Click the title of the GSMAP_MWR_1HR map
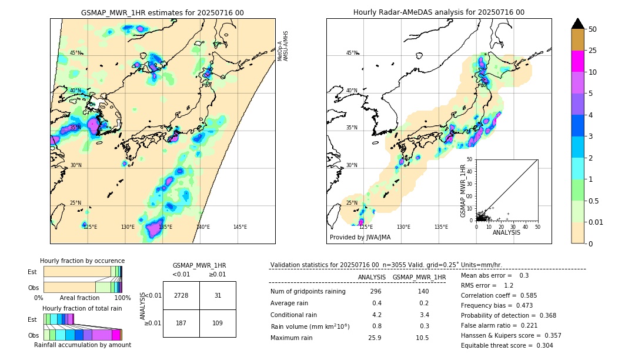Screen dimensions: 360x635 point(162,12)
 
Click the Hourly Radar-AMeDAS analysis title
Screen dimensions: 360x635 point(439,12)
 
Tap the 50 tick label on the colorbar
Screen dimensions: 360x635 point(593,29)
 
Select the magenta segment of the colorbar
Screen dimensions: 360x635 point(577,61)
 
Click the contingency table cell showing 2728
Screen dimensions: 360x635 point(181,295)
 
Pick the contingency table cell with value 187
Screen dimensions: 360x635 point(181,323)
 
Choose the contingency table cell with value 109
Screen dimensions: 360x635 point(218,323)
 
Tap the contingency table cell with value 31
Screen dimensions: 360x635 point(218,295)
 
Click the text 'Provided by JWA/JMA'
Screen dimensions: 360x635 point(360,237)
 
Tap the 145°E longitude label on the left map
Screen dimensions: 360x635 point(240,227)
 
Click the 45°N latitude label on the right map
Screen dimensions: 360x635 point(352,53)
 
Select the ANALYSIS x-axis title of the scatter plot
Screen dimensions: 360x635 point(506,232)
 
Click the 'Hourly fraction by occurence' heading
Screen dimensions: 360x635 point(82,261)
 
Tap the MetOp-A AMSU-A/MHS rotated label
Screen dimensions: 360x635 point(283,46)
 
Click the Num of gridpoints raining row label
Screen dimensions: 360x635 point(308,292)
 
